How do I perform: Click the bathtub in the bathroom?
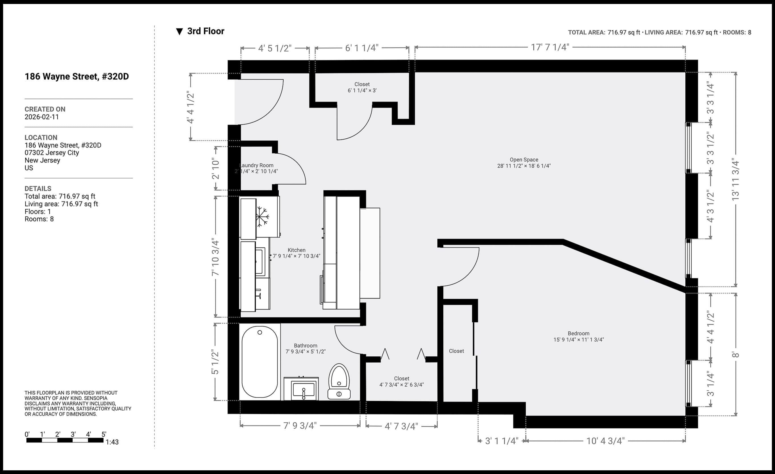coord(260,362)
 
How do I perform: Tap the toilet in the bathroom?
coord(339,382)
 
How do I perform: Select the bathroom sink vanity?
coord(301,388)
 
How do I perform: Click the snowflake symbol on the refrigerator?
coord(262,216)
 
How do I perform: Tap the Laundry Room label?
coord(256,165)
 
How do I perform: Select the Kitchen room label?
coord(297,250)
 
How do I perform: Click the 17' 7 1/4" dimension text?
coord(550,47)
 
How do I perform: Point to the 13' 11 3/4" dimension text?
coord(735,179)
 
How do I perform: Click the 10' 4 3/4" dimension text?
coord(605,441)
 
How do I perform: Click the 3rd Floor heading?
coord(206,31)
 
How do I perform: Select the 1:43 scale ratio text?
coord(112,442)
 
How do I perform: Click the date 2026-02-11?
coord(42,117)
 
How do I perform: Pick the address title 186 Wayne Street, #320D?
coord(77,76)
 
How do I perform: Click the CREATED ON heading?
coord(45,109)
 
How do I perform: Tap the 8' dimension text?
coord(735,355)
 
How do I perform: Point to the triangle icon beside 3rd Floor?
coord(179,31)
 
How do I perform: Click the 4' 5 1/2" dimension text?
coord(275,48)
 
